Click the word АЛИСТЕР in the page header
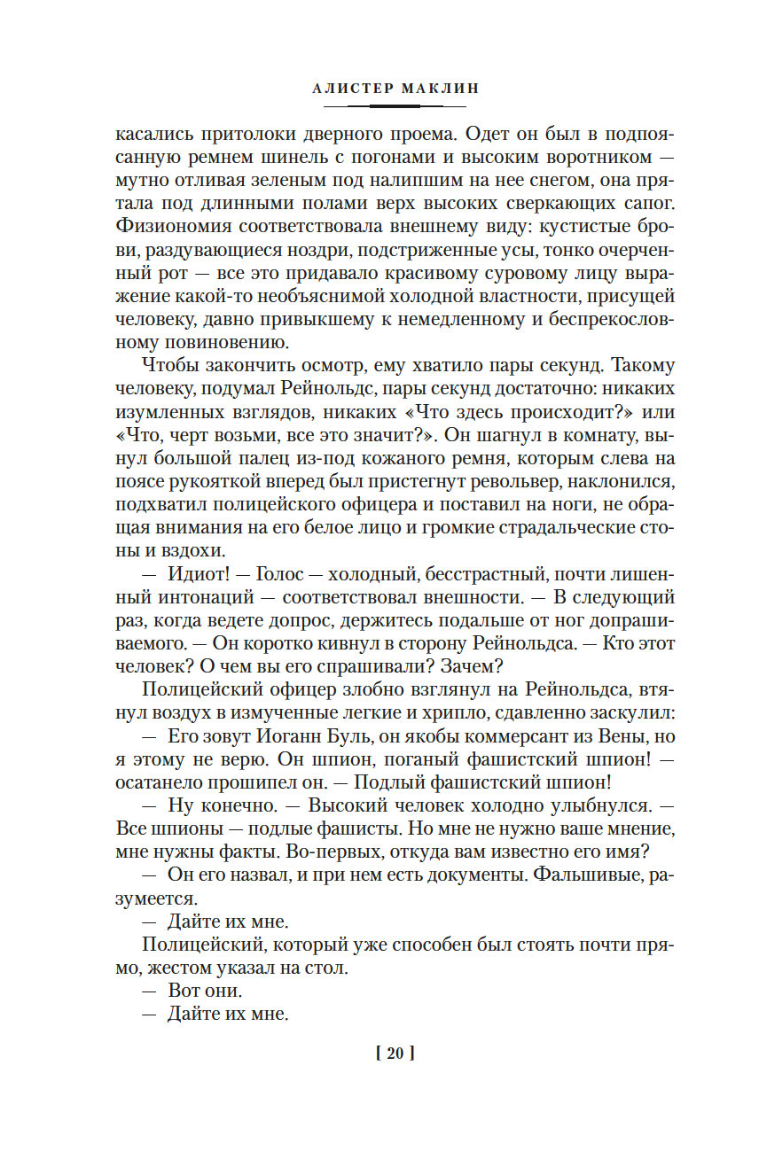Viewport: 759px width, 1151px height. click(346, 89)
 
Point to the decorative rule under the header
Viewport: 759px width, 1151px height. click(382, 106)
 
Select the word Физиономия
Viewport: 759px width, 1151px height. click(168, 227)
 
